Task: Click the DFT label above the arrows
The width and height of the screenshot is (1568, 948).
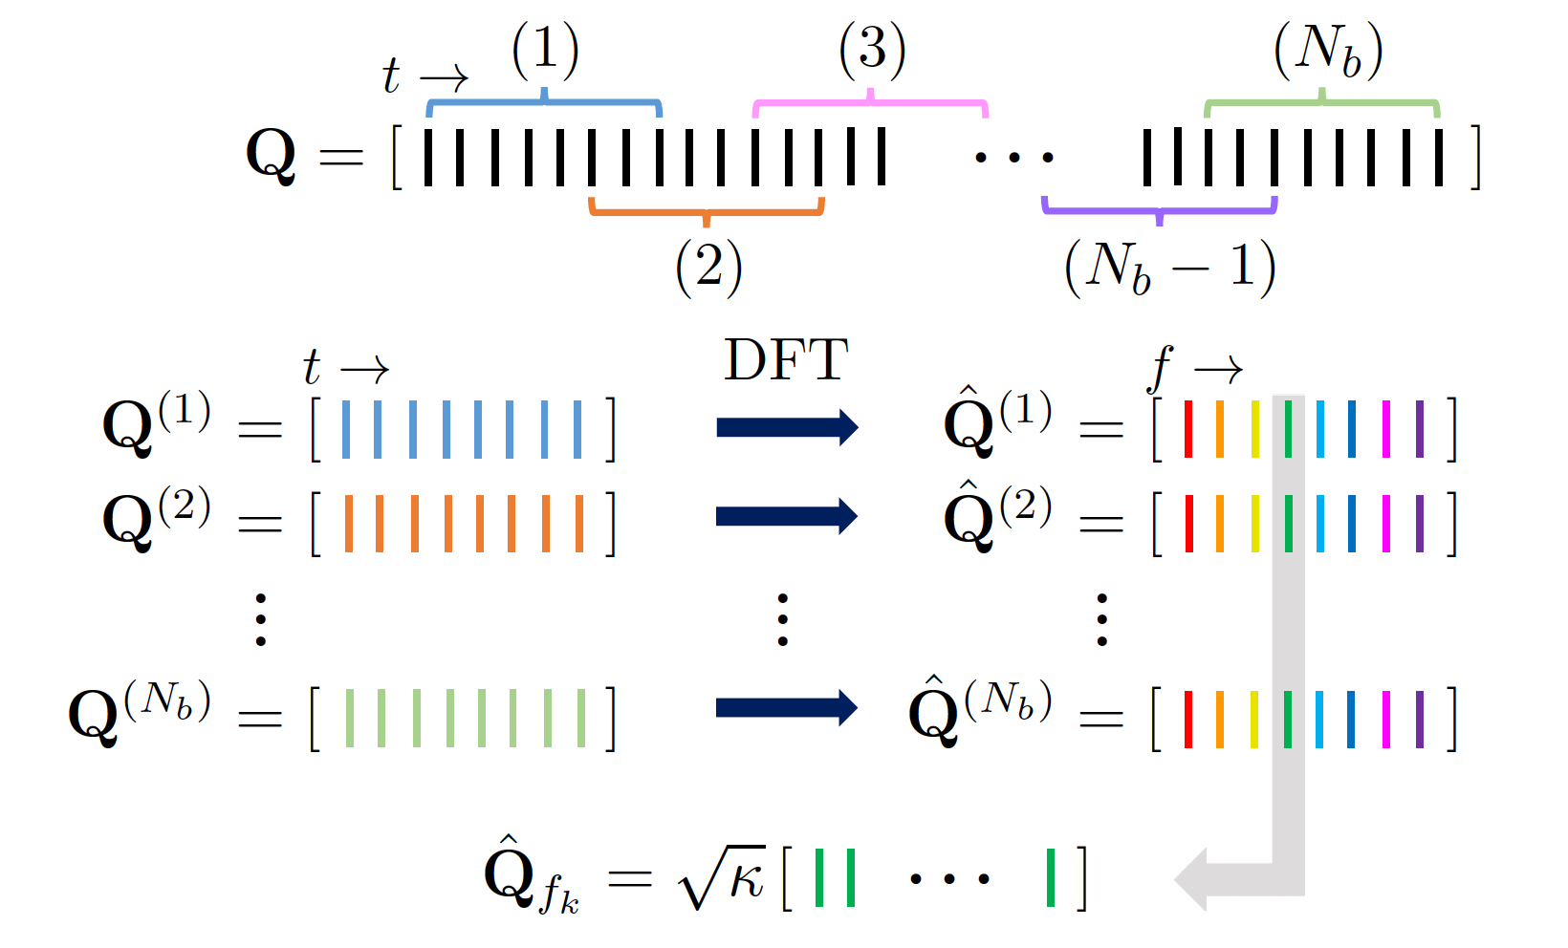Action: point(786,360)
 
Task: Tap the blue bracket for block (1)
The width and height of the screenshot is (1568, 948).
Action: point(544,101)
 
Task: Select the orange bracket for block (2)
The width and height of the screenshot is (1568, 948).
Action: point(707,209)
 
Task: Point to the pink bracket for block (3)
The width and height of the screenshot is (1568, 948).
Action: point(870,101)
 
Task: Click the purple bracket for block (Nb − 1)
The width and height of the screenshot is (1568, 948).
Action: point(1159,208)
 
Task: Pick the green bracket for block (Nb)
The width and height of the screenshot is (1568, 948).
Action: point(1322,101)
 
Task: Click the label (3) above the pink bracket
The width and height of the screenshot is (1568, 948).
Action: point(872,50)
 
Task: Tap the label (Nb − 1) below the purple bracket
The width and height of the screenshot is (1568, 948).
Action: point(1169,267)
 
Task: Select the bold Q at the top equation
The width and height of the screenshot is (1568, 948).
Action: point(272,155)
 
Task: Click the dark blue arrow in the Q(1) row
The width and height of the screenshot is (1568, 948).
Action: point(786,427)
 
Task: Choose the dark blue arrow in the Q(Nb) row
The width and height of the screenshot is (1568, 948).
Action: point(786,708)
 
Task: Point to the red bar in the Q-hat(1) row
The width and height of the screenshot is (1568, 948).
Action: point(1188,429)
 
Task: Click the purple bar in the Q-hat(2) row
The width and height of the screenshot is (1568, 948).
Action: point(1420,523)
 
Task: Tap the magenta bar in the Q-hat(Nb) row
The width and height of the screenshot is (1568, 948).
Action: point(1386,719)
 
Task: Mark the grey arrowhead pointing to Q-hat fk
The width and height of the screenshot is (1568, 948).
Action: point(1195,878)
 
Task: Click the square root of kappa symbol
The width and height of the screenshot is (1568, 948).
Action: point(722,877)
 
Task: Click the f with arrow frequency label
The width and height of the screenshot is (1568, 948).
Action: point(1194,368)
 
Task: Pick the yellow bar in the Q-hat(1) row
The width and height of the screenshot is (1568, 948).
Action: point(1254,429)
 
